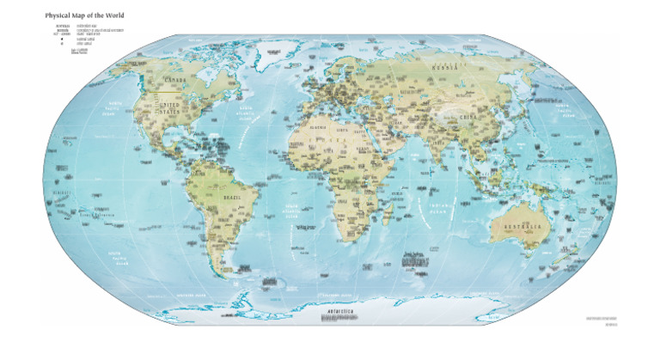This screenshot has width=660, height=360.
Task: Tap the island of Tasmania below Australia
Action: click(x=540, y=263)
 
